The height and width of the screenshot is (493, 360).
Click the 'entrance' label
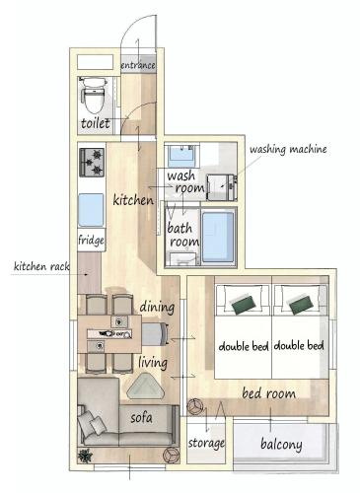pos(137,65)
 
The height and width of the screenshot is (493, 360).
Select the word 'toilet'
pos(97,124)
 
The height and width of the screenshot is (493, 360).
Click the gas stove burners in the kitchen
pos(92,161)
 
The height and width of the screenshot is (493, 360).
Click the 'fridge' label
pos(92,239)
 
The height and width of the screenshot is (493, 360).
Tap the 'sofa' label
pos(141,417)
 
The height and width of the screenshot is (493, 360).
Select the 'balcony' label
pos(281,445)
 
